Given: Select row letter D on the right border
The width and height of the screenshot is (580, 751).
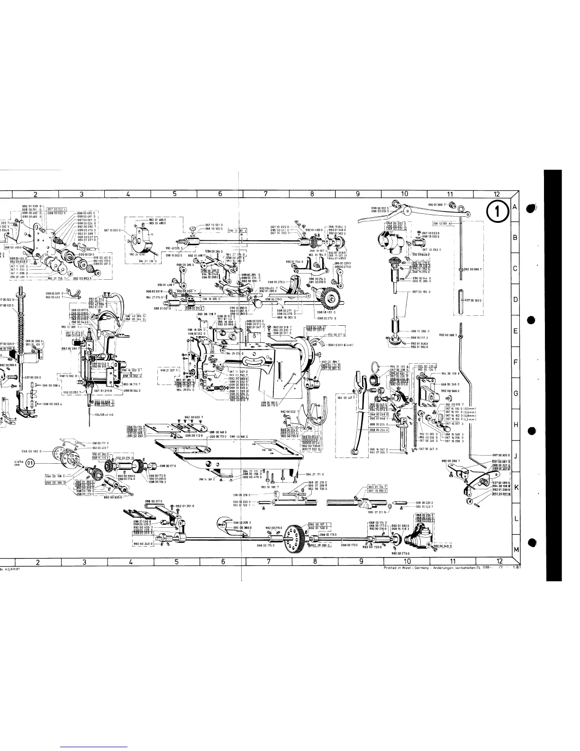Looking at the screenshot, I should pyautogui.click(x=515, y=300).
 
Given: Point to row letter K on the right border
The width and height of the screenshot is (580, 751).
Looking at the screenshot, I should pyautogui.click(x=515, y=487).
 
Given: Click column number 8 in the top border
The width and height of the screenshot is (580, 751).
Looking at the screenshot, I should pyautogui.click(x=312, y=194).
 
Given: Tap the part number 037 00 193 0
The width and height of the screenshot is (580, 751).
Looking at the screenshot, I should pyautogui.click(x=474, y=301).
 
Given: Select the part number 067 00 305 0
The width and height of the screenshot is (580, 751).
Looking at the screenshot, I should pyautogui.click(x=501, y=455).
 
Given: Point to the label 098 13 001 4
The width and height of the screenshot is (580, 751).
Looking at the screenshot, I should pyautogui.click(x=442, y=223).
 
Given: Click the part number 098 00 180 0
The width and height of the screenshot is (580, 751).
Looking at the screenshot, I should pyautogui.click(x=32, y=451).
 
